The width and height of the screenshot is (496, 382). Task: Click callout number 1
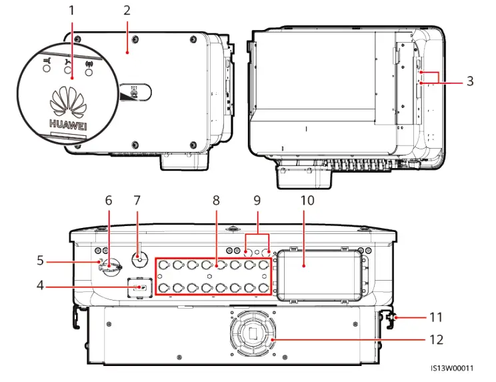(x=71, y=11)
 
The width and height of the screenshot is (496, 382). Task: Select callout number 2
(x=127, y=11)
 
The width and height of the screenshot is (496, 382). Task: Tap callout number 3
(x=470, y=81)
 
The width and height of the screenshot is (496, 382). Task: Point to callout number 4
(x=40, y=285)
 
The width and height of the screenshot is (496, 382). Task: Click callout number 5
(x=40, y=260)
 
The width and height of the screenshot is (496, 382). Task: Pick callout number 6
(x=109, y=201)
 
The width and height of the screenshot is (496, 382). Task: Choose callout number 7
(x=137, y=201)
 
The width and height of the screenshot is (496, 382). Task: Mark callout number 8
(x=216, y=201)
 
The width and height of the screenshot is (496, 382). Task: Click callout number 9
(x=257, y=201)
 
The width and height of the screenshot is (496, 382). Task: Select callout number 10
(x=307, y=201)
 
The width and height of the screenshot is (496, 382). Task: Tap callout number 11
(x=436, y=317)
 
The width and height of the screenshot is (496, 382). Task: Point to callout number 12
(x=436, y=339)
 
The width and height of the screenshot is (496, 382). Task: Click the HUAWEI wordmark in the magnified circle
(x=68, y=124)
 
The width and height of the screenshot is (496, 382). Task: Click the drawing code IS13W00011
(x=453, y=368)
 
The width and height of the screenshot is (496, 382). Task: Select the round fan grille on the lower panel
(x=253, y=333)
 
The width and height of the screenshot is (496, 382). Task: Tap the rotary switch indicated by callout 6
(x=109, y=267)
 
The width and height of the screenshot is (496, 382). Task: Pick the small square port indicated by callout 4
(x=140, y=288)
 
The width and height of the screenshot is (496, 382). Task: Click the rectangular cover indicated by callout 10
(x=319, y=275)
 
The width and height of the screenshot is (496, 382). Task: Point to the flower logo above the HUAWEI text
(x=68, y=101)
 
